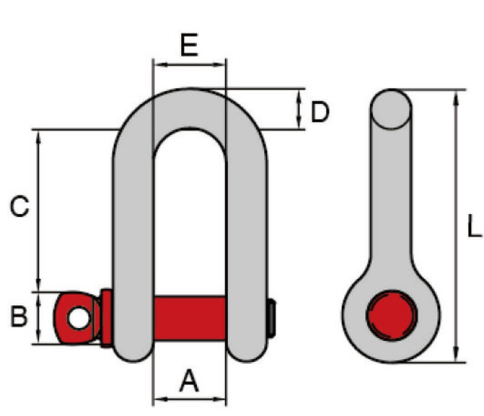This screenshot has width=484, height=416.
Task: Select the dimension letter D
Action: click(x=321, y=112)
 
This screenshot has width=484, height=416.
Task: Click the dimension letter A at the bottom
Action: click(x=189, y=382)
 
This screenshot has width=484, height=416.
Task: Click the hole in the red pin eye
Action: click(x=77, y=318)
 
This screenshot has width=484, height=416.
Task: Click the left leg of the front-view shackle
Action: click(x=134, y=242)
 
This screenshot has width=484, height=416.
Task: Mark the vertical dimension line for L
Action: click(x=455, y=227)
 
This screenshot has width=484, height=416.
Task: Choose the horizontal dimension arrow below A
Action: click(x=189, y=399)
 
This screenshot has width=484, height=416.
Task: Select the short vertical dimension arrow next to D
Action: click(x=300, y=110)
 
